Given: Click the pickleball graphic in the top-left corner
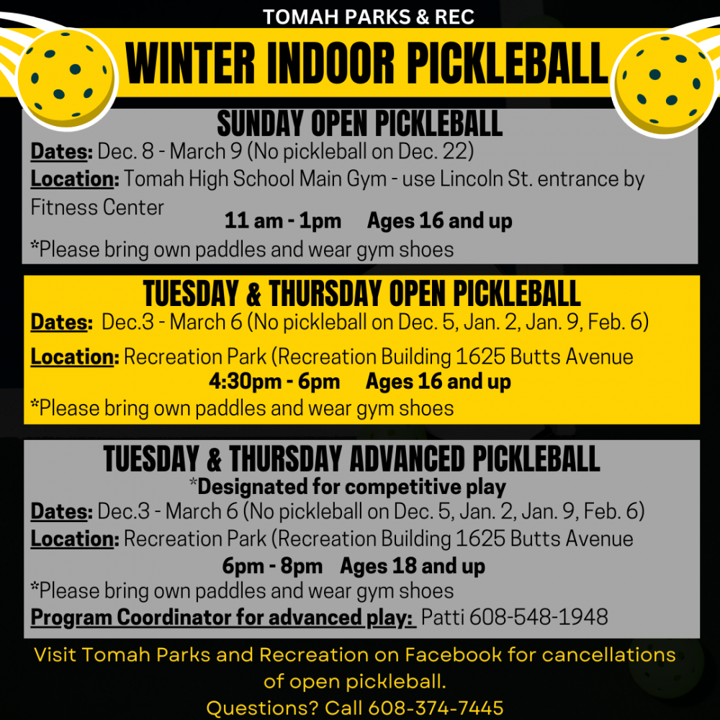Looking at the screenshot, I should click(66, 76).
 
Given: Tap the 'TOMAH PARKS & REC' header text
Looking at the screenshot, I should click(368, 16).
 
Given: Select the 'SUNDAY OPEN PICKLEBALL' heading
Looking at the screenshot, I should click(359, 125).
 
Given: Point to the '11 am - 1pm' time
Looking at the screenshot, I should click(282, 221).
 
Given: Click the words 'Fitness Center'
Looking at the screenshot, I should click(97, 207).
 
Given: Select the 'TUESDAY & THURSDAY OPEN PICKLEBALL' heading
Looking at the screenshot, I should click(361, 294).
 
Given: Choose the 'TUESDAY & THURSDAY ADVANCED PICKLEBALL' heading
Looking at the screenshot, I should click(351, 459).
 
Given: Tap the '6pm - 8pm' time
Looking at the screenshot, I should click(272, 566).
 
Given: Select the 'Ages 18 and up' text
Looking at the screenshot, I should click(413, 566).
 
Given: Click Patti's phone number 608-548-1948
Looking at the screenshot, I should click(515, 617).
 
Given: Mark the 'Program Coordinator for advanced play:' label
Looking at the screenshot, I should click(222, 617).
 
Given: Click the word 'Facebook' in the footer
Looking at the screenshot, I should click(452, 654).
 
